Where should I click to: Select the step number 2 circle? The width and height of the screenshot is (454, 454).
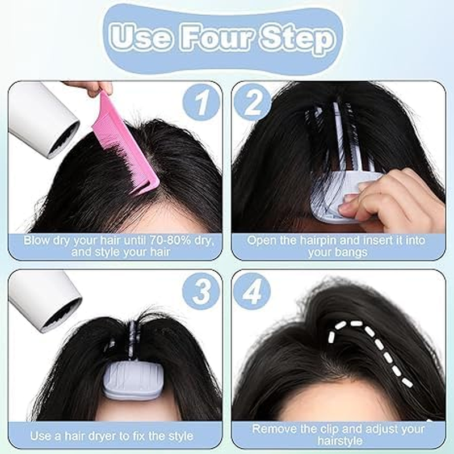click(x=253, y=104)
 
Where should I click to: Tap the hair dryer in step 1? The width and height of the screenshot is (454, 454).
click(x=43, y=116)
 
